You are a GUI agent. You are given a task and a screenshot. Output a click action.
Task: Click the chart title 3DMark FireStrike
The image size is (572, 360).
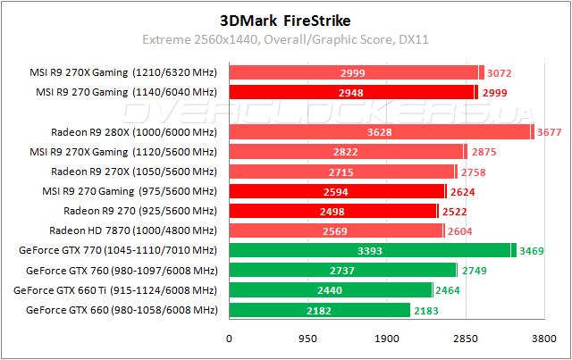click(x=286, y=19)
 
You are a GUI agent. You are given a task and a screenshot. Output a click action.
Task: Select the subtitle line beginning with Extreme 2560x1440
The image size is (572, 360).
click(x=286, y=40)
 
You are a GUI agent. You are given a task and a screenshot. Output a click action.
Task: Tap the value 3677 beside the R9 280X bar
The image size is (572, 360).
click(x=551, y=132)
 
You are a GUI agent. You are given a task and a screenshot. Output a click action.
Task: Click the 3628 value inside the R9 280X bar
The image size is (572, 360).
click(x=381, y=132)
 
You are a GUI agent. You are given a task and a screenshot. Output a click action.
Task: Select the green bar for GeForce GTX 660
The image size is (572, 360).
click(x=319, y=310)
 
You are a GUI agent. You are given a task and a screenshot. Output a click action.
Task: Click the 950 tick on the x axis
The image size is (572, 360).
click(x=307, y=340)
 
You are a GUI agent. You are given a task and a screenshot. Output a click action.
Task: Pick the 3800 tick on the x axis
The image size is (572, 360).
click(x=543, y=340)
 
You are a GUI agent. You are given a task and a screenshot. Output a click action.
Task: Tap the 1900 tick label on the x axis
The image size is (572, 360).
click(x=386, y=340)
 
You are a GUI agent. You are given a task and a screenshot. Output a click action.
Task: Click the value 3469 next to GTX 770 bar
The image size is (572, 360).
click(x=534, y=251)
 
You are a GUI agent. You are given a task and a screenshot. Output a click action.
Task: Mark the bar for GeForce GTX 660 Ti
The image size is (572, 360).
click(x=331, y=290)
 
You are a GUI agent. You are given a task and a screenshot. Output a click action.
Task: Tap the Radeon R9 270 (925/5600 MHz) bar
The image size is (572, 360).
click(x=332, y=211)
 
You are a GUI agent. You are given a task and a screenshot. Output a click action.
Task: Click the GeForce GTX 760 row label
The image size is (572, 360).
click(x=122, y=271)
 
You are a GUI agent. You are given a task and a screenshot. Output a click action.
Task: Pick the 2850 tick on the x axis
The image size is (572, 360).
click(x=465, y=340)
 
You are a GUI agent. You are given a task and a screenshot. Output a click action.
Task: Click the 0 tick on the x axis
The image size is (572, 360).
click(x=230, y=340)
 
